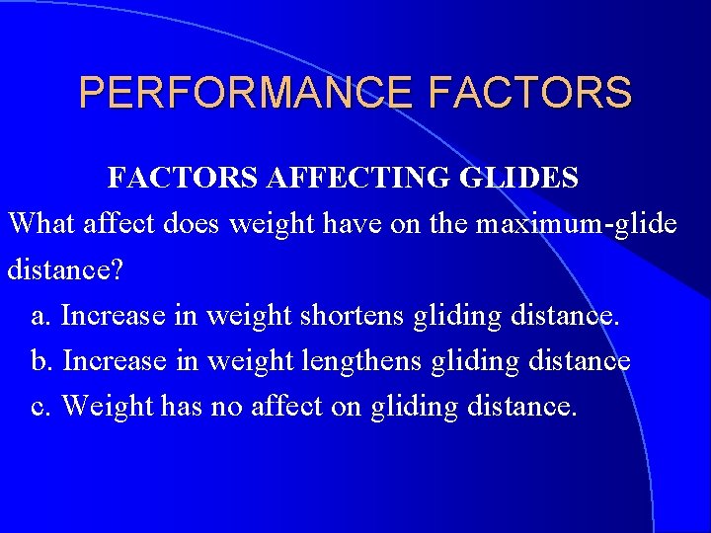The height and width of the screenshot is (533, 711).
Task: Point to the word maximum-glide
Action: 576,224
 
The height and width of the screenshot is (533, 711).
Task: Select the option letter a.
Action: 39,316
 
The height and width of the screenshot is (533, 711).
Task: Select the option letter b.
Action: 39,360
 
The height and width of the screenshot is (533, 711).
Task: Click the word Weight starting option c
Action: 100,406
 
